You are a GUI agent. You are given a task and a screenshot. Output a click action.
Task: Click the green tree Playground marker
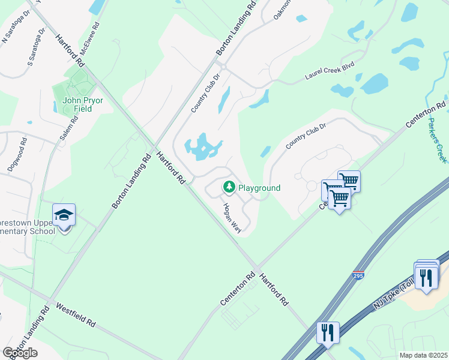click(x=229, y=188)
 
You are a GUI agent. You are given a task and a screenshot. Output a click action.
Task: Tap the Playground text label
click(x=259, y=188)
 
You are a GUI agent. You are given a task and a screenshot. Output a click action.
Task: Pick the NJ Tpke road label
click(x=393, y=294)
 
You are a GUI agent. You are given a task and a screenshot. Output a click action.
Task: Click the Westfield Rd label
click(x=76, y=314)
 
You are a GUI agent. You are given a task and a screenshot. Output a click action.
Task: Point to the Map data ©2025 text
click(x=423, y=355)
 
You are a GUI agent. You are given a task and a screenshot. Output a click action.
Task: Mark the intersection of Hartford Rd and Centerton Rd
click(x=256, y=269)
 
